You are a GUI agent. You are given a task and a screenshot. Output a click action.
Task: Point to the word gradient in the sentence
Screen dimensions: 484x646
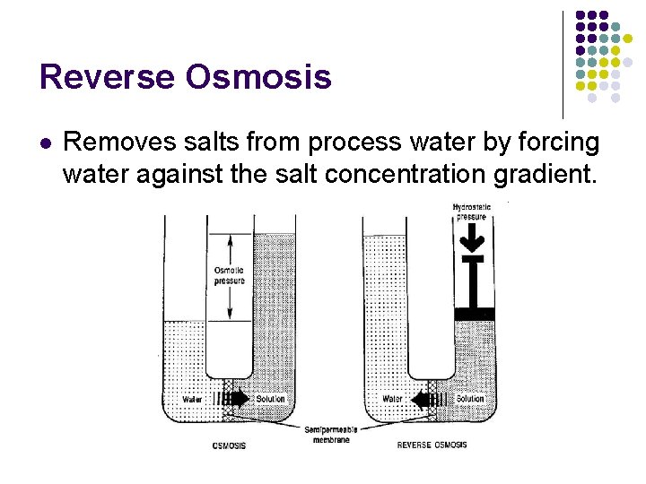click(x=548, y=173)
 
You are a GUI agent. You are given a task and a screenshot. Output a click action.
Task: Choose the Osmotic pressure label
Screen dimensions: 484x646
click(x=229, y=275)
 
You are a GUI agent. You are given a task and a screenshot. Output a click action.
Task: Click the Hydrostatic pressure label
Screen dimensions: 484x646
click(x=471, y=212)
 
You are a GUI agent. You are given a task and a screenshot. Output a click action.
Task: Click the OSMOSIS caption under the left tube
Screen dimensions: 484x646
click(x=229, y=445)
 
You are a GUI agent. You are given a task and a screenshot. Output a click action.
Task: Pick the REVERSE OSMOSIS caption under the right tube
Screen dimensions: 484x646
click(x=432, y=445)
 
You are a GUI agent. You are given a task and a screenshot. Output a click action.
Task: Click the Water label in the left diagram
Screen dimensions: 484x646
click(x=192, y=399)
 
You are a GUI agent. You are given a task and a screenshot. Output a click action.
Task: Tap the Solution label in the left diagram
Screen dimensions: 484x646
click(x=270, y=399)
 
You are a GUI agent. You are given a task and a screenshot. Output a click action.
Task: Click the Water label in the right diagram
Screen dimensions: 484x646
click(x=392, y=399)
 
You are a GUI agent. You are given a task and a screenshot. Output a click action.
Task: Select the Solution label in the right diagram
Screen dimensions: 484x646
click(x=470, y=399)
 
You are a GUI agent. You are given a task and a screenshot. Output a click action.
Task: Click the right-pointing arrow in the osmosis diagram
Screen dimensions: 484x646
click(x=238, y=399)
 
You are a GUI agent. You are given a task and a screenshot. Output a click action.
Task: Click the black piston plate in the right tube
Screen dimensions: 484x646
click(x=475, y=313)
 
